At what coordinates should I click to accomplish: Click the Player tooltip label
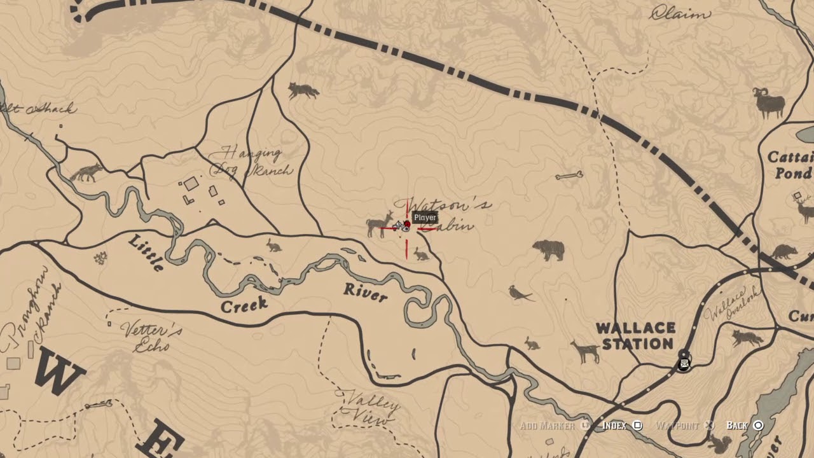click(425, 218)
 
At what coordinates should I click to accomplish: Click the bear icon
click(548, 249)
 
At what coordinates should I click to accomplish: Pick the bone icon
click(569, 175)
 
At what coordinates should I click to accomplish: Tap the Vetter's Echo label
click(153, 338)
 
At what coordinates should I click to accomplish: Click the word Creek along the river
click(244, 305)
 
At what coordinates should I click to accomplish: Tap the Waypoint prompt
click(684, 425)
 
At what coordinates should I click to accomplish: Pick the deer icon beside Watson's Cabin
click(380, 224)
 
